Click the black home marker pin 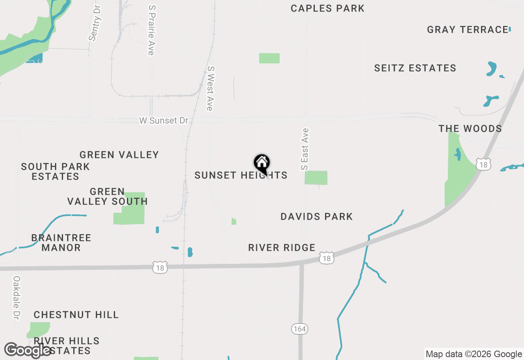point(262,164)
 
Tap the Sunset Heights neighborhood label point(241,175)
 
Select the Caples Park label point(327,9)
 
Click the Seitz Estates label point(415,68)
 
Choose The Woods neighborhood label point(470,129)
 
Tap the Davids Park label point(316,217)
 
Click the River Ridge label point(282,248)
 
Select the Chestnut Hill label point(76,315)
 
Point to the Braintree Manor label point(61,243)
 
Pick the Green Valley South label point(107,197)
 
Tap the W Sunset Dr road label point(164,121)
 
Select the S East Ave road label point(305,149)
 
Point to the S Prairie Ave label point(151,30)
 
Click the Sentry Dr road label point(95,23)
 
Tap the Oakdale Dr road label point(16,297)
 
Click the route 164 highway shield point(300,328)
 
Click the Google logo point(27,350)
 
